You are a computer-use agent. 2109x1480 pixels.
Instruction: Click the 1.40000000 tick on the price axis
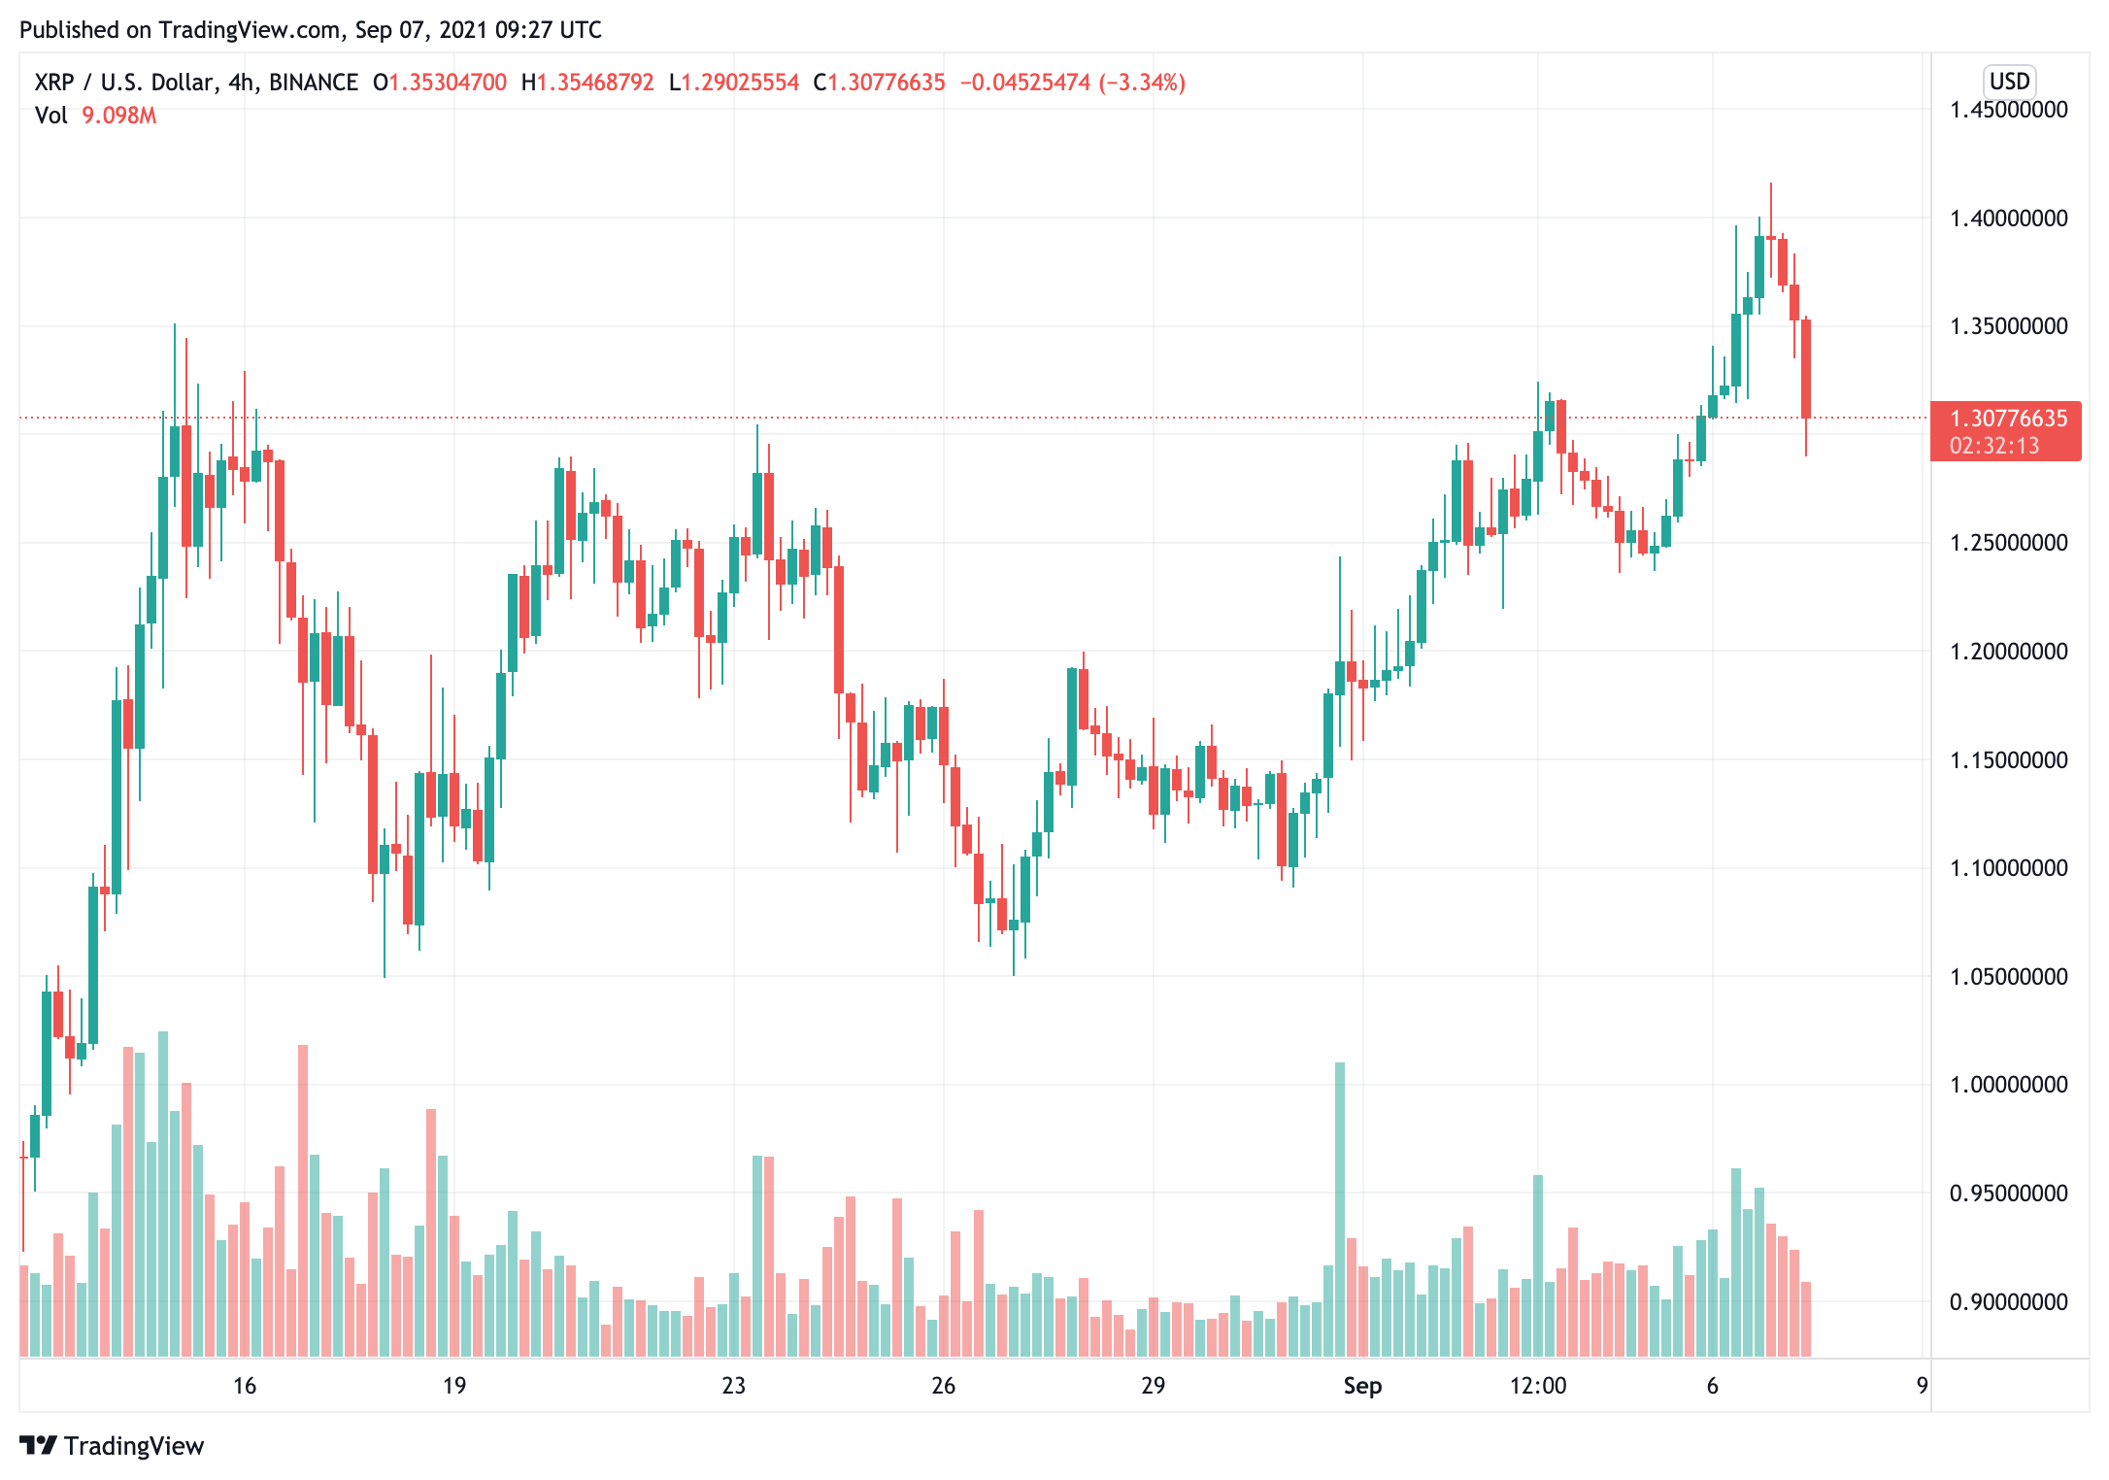click(x=2008, y=219)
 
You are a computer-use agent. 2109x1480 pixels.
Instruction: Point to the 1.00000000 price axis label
click(x=2008, y=1085)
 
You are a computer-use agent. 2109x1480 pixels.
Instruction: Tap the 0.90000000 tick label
click(x=2008, y=1301)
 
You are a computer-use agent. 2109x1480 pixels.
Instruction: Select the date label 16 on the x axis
click(x=245, y=1386)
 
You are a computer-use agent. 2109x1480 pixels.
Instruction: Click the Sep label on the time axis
click(x=1362, y=1386)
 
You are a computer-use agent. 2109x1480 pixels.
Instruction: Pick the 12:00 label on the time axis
click(x=1538, y=1386)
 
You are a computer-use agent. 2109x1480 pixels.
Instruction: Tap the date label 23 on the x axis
click(x=734, y=1386)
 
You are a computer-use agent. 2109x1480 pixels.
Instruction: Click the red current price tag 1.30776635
click(x=2008, y=419)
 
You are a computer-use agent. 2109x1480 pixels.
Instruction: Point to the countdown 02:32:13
click(x=1994, y=446)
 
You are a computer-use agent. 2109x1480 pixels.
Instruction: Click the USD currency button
click(x=2009, y=82)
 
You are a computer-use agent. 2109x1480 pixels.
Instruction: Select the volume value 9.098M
click(x=118, y=116)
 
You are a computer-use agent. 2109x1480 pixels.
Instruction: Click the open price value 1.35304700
click(x=448, y=83)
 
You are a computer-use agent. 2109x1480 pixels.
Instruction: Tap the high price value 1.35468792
click(x=595, y=83)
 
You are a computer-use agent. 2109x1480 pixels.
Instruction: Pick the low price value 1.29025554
click(x=740, y=83)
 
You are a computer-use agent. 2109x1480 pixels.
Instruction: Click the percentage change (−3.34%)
click(x=1142, y=83)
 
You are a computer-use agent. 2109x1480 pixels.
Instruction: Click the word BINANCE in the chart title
click(x=314, y=83)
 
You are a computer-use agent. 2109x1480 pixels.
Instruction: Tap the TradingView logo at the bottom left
click(x=113, y=1446)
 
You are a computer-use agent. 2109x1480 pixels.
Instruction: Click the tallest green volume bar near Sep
click(x=1340, y=1209)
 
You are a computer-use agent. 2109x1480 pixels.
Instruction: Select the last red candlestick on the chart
click(x=1806, y=369)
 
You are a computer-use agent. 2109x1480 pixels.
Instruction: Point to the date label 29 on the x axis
click(x=1153, y=1386)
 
